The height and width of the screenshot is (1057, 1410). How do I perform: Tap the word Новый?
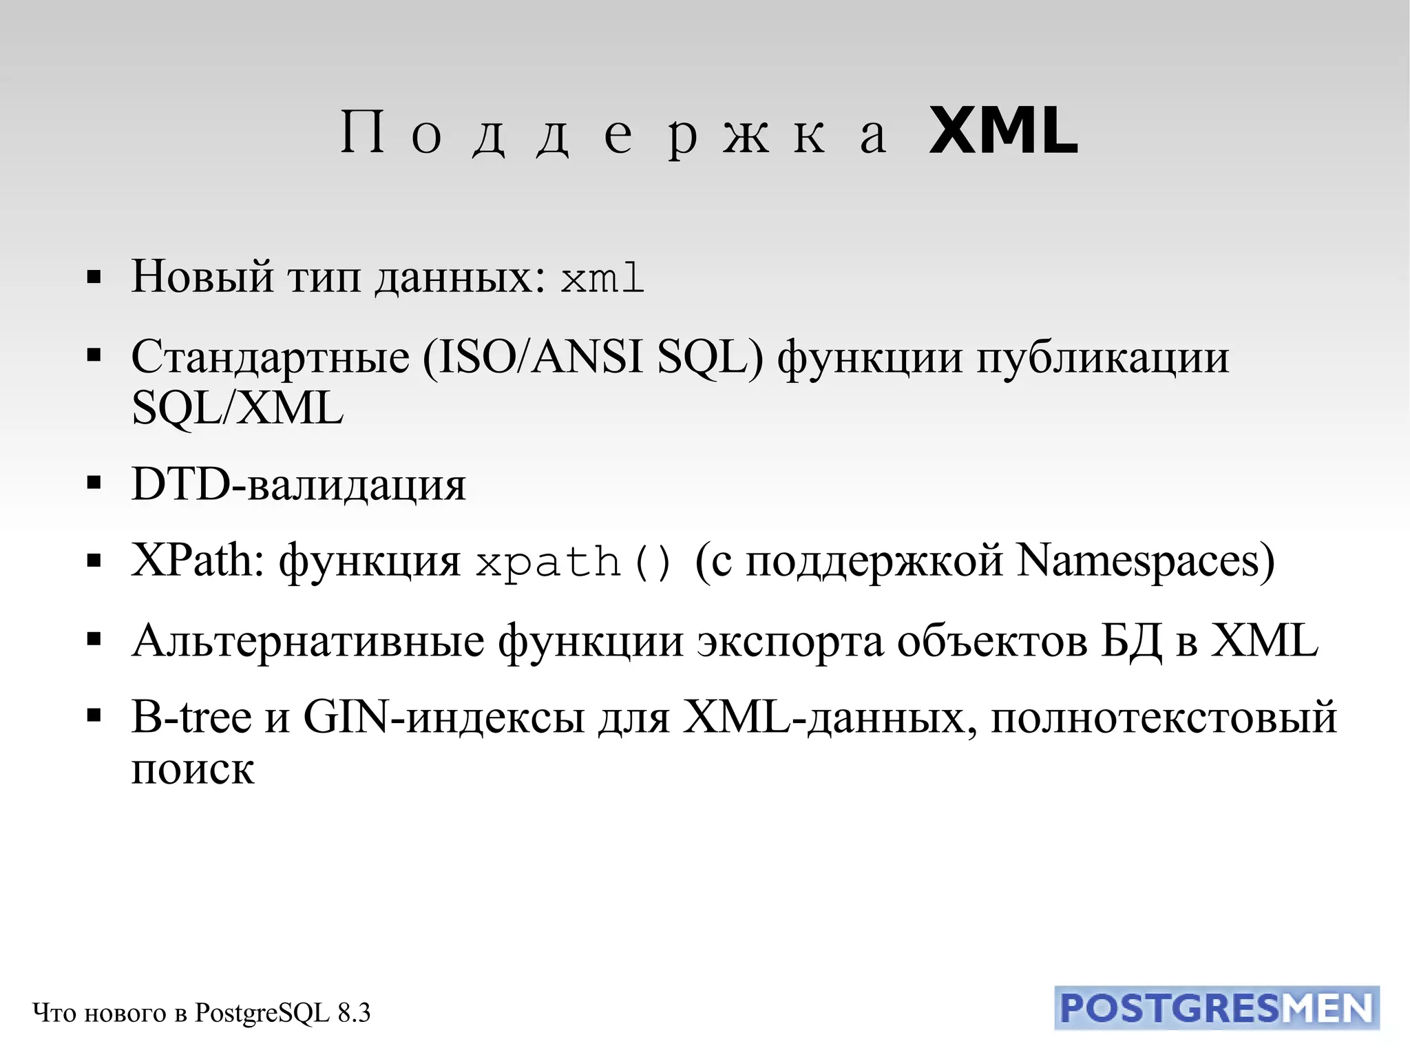pos(202,277)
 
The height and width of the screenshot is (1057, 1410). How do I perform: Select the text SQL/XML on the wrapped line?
pos(237,408)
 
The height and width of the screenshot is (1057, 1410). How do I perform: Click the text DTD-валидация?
pos(299,484)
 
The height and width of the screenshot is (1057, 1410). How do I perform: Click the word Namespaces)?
pos(1146,561)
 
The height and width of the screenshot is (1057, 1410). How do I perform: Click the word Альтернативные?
pos(308,641)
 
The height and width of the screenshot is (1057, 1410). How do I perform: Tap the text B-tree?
pos(191,717)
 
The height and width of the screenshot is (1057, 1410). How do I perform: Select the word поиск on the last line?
pos(193,769)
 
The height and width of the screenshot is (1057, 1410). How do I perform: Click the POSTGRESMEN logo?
pos(1217,1009)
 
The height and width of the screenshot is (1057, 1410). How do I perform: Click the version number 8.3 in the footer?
pos(354,1013)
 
